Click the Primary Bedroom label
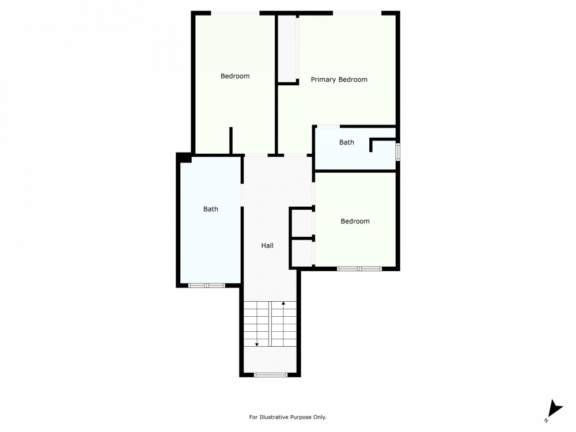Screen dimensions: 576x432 point(339,79)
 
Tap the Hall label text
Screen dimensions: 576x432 point(267,245)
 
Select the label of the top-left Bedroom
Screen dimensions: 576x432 point(235,76)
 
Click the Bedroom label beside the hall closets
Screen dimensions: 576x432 point(355,221)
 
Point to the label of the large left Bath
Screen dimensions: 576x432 point(210,209)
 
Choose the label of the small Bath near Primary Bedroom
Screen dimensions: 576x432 point(346,142)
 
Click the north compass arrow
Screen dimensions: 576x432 point(554,410)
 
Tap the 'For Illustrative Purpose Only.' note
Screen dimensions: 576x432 point(287,417)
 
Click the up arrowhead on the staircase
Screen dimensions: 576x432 point(283,303)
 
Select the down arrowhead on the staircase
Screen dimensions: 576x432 point(257,344)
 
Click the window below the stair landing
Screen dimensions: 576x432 point(271,375)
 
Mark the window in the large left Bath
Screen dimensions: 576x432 point(206,286)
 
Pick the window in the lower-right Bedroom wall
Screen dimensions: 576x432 point(359,269)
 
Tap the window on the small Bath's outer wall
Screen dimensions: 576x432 point(398,151)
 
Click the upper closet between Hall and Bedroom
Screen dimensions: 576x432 point(302,223)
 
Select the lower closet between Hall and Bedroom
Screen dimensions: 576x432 point(302,253)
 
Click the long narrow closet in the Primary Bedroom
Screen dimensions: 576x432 point(287,49)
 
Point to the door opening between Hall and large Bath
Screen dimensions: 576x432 point(242,195)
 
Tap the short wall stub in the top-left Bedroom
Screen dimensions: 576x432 point(231,141)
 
